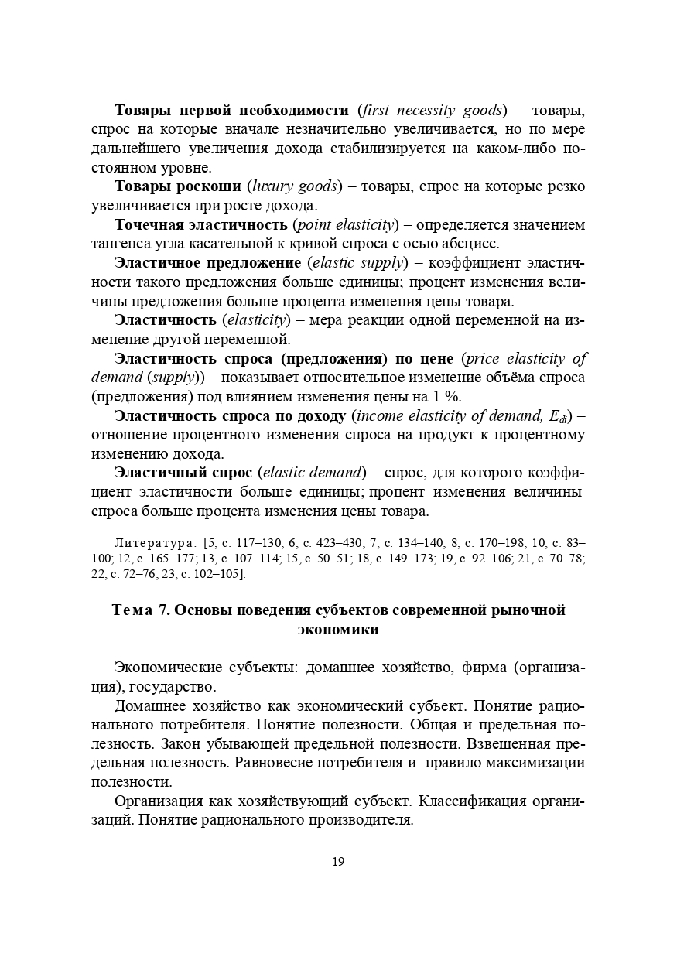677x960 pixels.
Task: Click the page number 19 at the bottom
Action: [338, 862]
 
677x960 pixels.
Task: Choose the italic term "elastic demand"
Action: [313, 473]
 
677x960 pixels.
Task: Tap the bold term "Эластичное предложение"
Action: [207, 263]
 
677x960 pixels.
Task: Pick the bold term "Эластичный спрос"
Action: [183, 473]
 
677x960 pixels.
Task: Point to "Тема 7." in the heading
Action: [142, 610]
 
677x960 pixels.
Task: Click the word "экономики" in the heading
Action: [338, 630]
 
